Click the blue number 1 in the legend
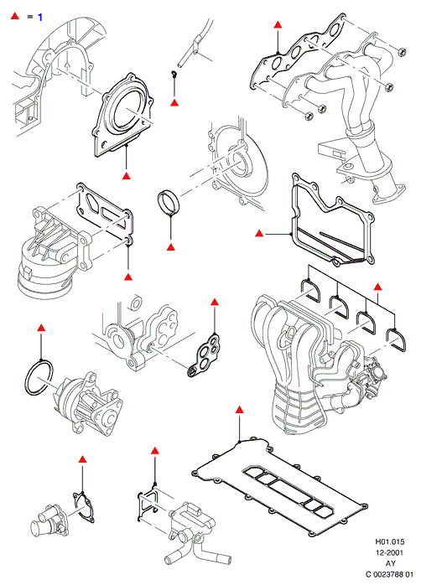40,17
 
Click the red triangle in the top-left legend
14,16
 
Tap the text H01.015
390,541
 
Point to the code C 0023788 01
390,574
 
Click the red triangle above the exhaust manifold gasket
278,25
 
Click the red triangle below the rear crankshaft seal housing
127,176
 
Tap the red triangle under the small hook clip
174,102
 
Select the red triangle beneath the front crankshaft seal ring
171,247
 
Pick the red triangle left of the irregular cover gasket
259,234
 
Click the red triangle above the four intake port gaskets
377,287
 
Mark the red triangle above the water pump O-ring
41,328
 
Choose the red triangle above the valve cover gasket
240,410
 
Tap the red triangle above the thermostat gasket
82,459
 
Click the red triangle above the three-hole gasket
214,303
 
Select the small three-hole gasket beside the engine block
204,354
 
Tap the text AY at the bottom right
391,563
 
